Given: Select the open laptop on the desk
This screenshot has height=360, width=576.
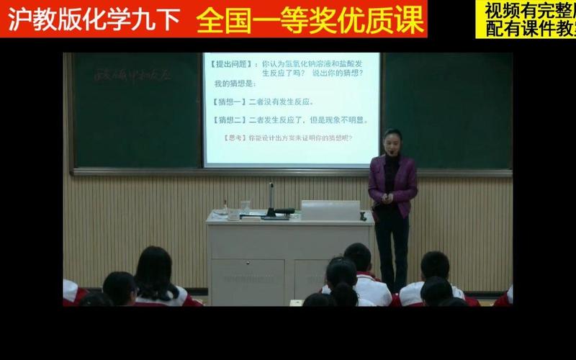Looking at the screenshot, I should [330, 210].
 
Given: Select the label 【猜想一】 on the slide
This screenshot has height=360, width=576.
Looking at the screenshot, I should [229, 102].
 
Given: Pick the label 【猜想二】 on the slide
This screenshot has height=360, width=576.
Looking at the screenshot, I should [229, 120].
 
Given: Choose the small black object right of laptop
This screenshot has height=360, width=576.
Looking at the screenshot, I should [364, 215].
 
